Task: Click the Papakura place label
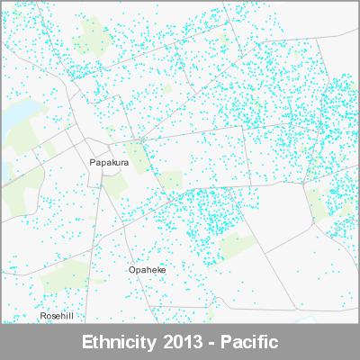(110, 163)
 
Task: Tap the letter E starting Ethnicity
(86, 343)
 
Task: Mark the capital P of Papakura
(94, 163)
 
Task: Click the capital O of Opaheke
(131, 270)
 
